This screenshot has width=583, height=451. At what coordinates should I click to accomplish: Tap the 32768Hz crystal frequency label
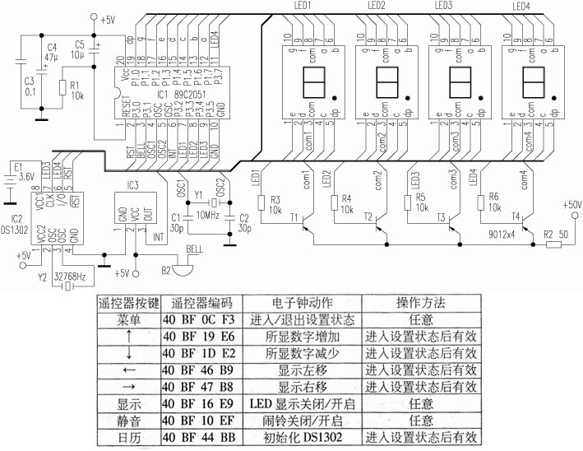(x=69, y=277)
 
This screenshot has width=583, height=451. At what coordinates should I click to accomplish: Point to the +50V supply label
(x=571, y=203)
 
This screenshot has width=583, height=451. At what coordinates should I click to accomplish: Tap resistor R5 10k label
(x=419, y=203)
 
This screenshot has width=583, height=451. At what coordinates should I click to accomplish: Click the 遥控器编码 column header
(x=204, y=303)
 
